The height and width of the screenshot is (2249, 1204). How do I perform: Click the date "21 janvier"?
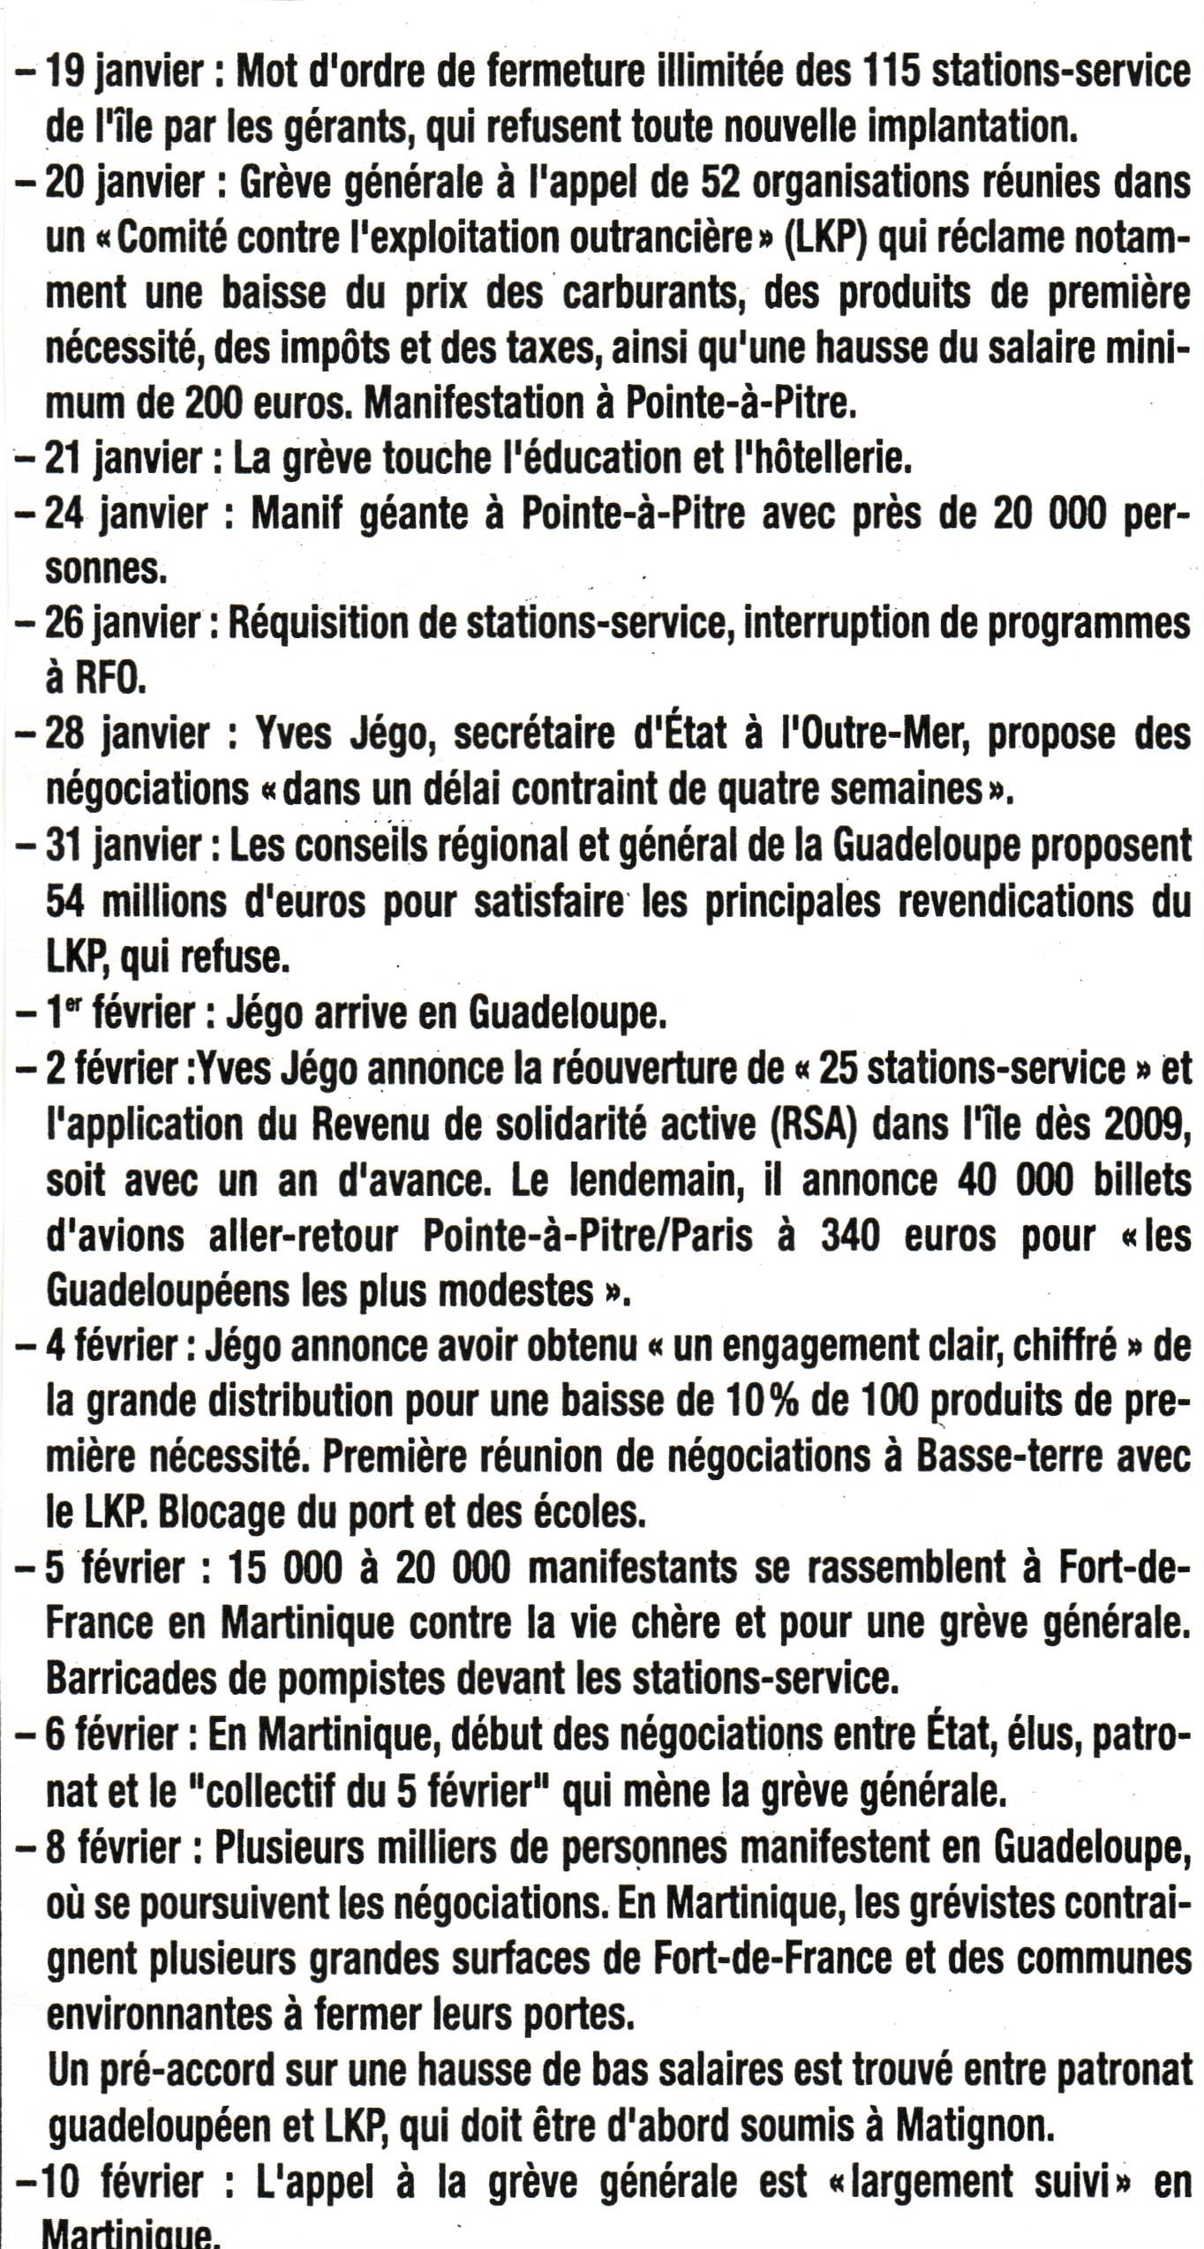point(124,458)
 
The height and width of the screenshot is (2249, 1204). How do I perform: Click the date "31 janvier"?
point(124,846)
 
